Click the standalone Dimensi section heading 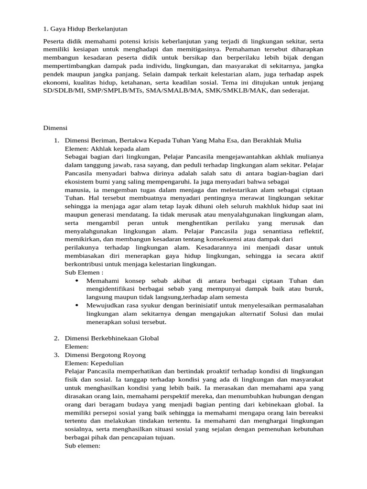55,128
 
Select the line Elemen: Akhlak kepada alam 99,149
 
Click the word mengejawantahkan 230,157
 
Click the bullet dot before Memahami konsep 77,281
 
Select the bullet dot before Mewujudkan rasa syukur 77,305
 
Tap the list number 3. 56,355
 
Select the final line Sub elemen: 82,446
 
